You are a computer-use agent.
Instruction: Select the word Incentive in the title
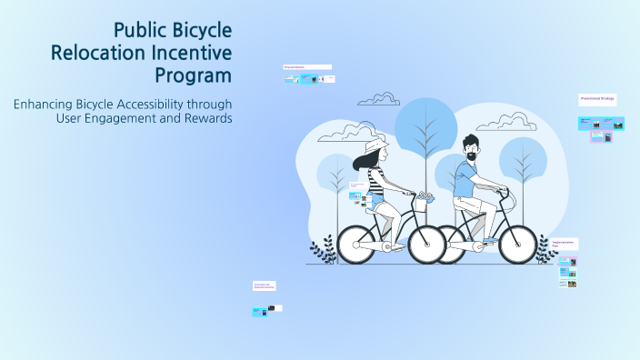point(194,53)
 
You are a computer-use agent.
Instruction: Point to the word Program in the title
point(194,75)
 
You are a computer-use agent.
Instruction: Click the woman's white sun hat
point(375,147)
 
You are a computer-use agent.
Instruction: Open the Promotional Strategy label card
point(597,98)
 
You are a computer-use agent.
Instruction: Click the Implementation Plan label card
point(565,243)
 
